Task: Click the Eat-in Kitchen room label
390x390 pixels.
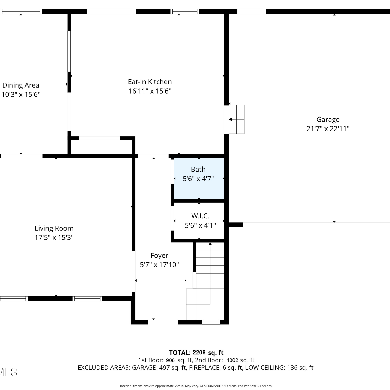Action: click(150, 82)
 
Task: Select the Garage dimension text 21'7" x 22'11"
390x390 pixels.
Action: click(328, 129)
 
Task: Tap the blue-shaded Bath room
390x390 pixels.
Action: click(199, 178)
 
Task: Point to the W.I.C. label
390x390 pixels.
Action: click(200, 216)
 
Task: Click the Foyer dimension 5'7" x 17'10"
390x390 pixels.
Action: click(159, 265)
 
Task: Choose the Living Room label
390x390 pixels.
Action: click(54, 228)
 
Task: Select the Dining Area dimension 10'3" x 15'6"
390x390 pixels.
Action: click(21, 94)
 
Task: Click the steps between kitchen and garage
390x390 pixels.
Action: click(236, 119)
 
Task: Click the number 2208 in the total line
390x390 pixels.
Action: click(199, 353)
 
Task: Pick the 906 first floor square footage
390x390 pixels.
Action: click(170, 360)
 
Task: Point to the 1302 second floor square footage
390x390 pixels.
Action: click(232, 360)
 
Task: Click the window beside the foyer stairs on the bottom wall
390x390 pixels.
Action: click(211, 322)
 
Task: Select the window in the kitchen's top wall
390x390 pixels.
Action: click(185, 11)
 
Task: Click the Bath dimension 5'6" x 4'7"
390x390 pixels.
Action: click(198, 179)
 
